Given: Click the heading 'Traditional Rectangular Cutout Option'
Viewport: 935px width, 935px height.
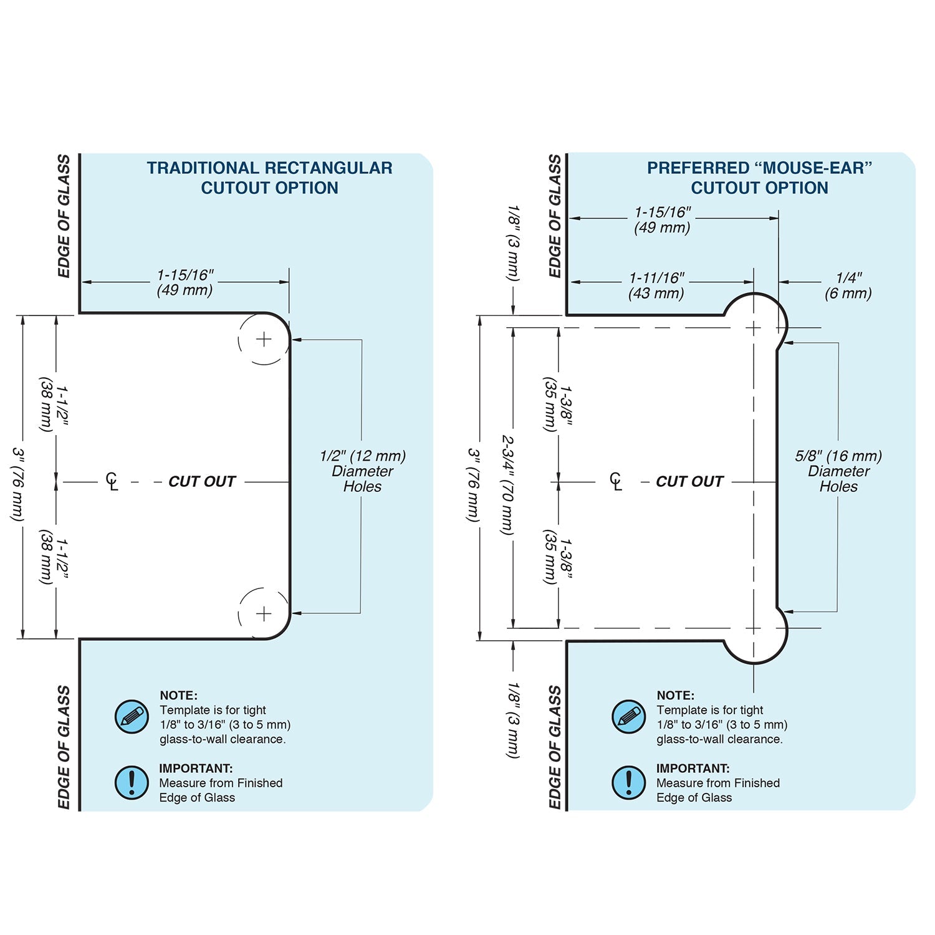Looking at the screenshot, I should click(x=269, y=178).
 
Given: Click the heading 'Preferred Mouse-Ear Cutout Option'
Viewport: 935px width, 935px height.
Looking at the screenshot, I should click(x=759, y=178).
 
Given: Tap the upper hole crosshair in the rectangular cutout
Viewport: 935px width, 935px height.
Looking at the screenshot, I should click(x=264, y=340).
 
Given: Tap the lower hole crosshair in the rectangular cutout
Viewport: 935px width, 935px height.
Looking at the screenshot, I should click(x=264, y=614).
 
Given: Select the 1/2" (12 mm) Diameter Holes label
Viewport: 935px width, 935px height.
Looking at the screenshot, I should click(x=362, y=471).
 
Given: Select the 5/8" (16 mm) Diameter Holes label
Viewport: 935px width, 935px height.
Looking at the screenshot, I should click(x=838, y=471).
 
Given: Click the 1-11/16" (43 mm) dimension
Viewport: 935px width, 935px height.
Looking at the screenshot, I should click(x=656, y=285).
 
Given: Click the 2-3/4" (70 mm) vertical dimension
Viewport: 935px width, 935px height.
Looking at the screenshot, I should click(x=508, y=484).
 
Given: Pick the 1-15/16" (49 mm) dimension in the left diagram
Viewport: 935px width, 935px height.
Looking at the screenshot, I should click(x=185, y=282).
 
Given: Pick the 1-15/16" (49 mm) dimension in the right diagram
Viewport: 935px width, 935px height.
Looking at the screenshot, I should click(x=663, y=219).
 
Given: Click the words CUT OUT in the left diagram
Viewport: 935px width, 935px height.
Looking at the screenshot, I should click(x=202, y=482).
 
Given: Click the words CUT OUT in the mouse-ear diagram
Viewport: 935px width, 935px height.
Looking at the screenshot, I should click(x=689, y=482).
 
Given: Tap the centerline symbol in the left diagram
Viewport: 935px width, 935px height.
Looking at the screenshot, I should click(x=112, y=481).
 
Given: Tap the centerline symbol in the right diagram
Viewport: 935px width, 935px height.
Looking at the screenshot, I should click(x=616, y=481).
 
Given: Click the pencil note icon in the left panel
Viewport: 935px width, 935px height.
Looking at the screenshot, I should click(x=132, y=717).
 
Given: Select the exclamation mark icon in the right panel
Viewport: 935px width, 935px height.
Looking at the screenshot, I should click(x=628, y=782).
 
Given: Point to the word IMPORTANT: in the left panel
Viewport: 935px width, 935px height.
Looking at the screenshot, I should click(x=196, y=769).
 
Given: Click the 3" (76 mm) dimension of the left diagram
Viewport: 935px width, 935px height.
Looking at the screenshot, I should click(x=19, y=484).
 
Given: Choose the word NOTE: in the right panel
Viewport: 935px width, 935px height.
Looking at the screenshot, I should click(x=675, y=696).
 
